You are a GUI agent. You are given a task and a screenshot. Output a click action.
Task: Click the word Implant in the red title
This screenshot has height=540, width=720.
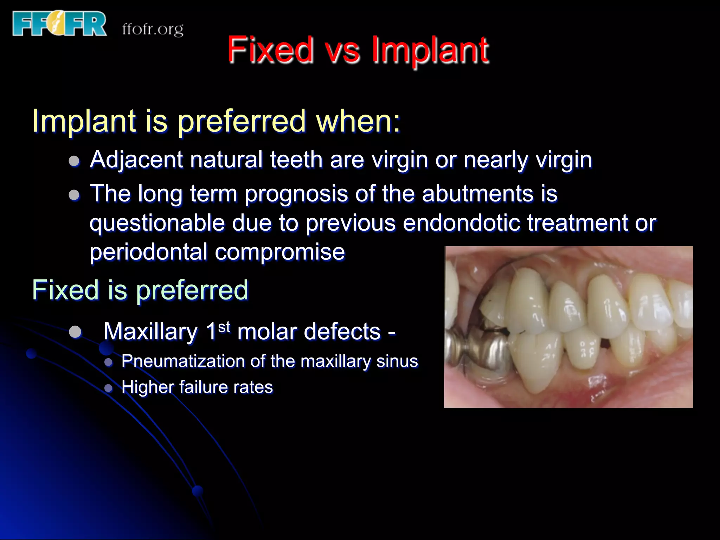tap(430, 50)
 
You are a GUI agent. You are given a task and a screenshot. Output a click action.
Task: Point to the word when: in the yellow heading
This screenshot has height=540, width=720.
tap(358, 121)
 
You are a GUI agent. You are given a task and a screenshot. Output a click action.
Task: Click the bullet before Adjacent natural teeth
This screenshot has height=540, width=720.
tap(74, 161)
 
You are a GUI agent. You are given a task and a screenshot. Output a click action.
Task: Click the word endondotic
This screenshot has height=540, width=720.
tap(461, 223)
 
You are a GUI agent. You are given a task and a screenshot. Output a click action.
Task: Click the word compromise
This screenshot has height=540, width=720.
tap(280, 252)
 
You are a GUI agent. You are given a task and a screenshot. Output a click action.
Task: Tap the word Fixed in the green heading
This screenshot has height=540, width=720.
tap(65, 290)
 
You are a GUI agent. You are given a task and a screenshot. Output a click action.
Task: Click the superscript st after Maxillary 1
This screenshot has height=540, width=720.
tap(224, 327)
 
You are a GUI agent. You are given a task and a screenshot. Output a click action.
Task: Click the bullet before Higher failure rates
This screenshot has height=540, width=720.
tap(109, 388)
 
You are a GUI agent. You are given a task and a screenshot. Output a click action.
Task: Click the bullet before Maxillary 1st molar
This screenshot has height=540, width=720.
tap(75, 332)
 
